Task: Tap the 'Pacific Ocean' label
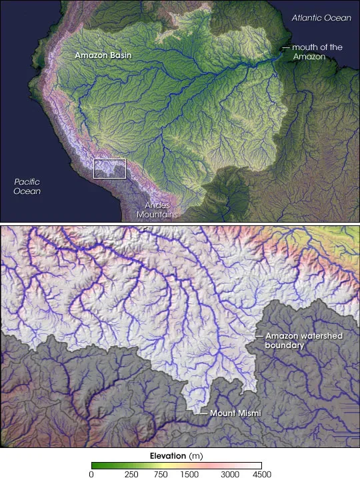pyautogui.click(x=28, y=186)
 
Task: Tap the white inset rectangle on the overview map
pyautogui.click(x=110, y=168)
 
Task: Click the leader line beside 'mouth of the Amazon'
pyautogui.click(x=286, y=47)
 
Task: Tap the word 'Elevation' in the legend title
pyautogui.click(x=166, y=455)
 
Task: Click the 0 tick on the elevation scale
pyautogui.click(x=91, y=474)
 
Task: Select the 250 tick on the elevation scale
pyautogui.click(x=131, y=474)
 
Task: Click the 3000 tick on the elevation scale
pyautogui.click(x=231, y=474)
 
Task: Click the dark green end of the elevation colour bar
pyautogui.click(x=94, y=465)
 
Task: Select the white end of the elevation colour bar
pyautogui.click(x=258, y=465)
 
